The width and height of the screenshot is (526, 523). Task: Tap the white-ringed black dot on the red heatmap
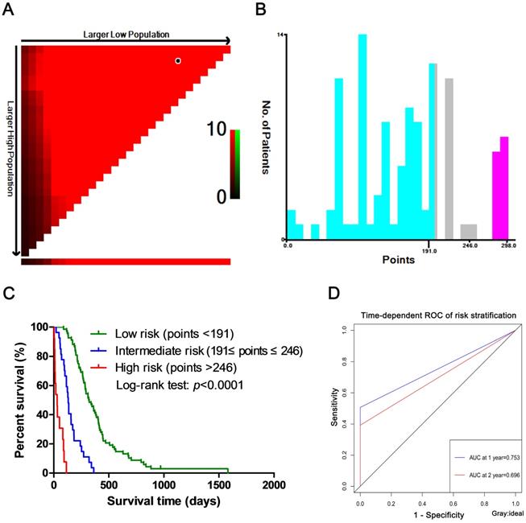(x=178, y=60)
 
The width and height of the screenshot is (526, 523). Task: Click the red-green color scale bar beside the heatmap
(x=234, y=163)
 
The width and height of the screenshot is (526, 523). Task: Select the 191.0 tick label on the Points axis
(x=429, y=250)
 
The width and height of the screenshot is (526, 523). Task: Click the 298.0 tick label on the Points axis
(x=508, y=250)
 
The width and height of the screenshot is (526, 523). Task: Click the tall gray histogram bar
(x=449, y=158)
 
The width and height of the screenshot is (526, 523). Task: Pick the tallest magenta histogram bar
(x=504, y=187)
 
